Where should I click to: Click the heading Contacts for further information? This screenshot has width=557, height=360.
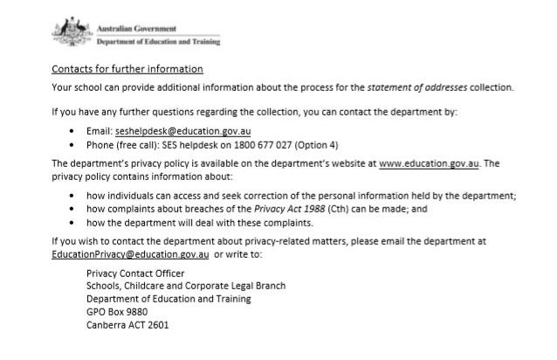pyautogui.click(x=127, y=69)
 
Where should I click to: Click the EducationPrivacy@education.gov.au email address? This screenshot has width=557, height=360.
pyautogui.click(x=130, y=254)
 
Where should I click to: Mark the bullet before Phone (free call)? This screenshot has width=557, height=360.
pyautogui.click(x=73, y=144)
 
